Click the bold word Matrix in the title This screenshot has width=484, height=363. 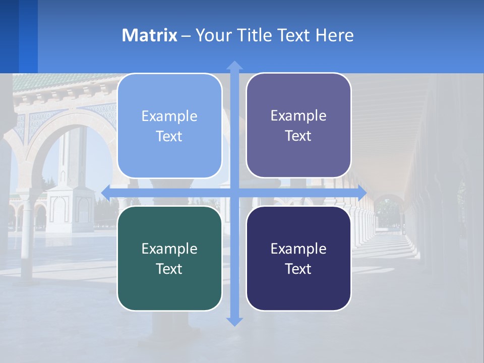point(150,35)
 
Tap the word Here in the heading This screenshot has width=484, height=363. point(334,35)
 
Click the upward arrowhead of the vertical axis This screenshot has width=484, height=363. point(234,66)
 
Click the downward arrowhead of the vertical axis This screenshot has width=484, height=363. point(234,321)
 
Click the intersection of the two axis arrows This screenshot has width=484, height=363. point(234,193)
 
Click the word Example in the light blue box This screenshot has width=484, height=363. point(169,116)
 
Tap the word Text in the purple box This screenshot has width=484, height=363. point(298,136)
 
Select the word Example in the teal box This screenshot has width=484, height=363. point(169,249)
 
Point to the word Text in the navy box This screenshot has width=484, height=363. point(298,269)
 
